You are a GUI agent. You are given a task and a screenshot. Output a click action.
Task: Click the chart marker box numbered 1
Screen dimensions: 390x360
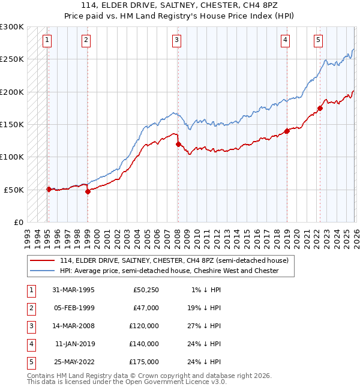pos(47,40)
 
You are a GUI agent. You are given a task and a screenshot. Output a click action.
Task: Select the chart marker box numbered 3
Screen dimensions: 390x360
pos(177,40)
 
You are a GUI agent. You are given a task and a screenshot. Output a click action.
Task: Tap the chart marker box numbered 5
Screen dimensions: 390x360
pos(318,40)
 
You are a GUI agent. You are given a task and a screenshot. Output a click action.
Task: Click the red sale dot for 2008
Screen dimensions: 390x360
pos(178,144)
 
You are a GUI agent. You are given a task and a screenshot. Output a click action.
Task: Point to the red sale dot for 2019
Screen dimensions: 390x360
pos(287,131)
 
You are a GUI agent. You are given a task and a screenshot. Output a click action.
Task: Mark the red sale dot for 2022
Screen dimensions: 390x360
pos(320,108)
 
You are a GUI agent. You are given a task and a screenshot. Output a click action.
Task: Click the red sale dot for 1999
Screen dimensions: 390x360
pos(88,191)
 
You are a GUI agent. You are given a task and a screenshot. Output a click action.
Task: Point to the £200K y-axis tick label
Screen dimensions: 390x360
pos(12,92)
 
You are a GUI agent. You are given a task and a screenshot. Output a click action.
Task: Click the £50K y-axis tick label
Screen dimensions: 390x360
pos(14,190)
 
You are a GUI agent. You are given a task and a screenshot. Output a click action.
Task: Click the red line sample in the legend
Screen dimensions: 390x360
pos(43,260)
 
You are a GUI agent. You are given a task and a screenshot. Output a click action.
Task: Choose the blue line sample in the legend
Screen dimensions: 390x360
pos(43,271)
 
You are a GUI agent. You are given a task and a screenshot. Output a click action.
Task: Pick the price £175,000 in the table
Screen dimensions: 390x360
pos(144,362)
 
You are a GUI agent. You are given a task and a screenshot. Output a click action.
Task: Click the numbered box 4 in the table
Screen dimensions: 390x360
pos(29,344)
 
